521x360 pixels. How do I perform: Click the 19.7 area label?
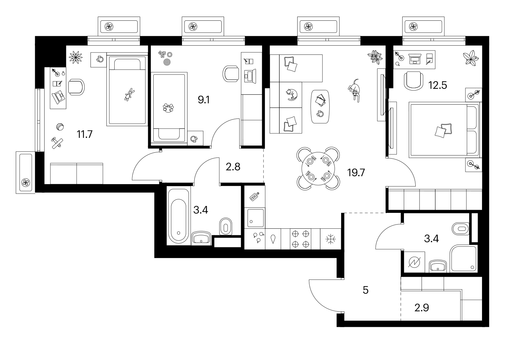pos(356,173)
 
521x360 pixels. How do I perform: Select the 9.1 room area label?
pos(203,100)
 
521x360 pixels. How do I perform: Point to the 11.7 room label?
pos(85,134)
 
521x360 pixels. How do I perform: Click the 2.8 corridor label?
pos(233,167)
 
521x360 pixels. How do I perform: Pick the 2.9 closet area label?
pos(422,307)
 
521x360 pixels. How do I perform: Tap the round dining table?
pos(318,169)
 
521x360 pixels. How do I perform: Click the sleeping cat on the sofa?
pos(292,95)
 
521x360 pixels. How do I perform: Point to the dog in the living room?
pos(354,91)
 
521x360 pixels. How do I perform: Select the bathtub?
pos(179,216)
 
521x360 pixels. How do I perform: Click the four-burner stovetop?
pos(300,239)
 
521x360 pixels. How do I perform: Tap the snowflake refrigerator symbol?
pos(330,239)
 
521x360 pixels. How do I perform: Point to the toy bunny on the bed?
pos(128,94)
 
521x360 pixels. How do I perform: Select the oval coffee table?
pos(320,106)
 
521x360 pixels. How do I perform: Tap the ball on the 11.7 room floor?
pos(60,127)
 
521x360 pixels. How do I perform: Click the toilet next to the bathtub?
pos(225,227)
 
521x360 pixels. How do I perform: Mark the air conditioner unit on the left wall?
pos(26,172)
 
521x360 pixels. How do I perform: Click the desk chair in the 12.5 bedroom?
pos(414,81)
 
